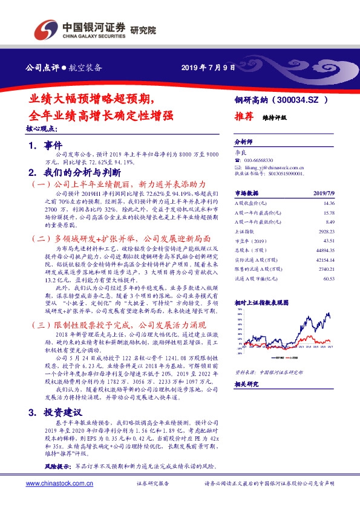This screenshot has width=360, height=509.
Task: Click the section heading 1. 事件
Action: pos(45,146)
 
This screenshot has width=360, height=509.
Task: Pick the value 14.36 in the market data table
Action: pos(329,204)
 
